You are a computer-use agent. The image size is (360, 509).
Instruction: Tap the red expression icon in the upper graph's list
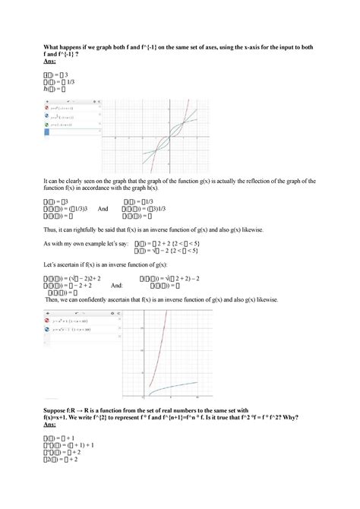(x=47, y=108)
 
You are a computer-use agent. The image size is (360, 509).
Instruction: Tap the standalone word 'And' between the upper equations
(x=103, y=209)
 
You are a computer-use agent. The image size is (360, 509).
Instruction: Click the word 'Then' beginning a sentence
(x=54, y=299)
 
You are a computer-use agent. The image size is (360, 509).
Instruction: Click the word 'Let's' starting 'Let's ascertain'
(x=52, y=264)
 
